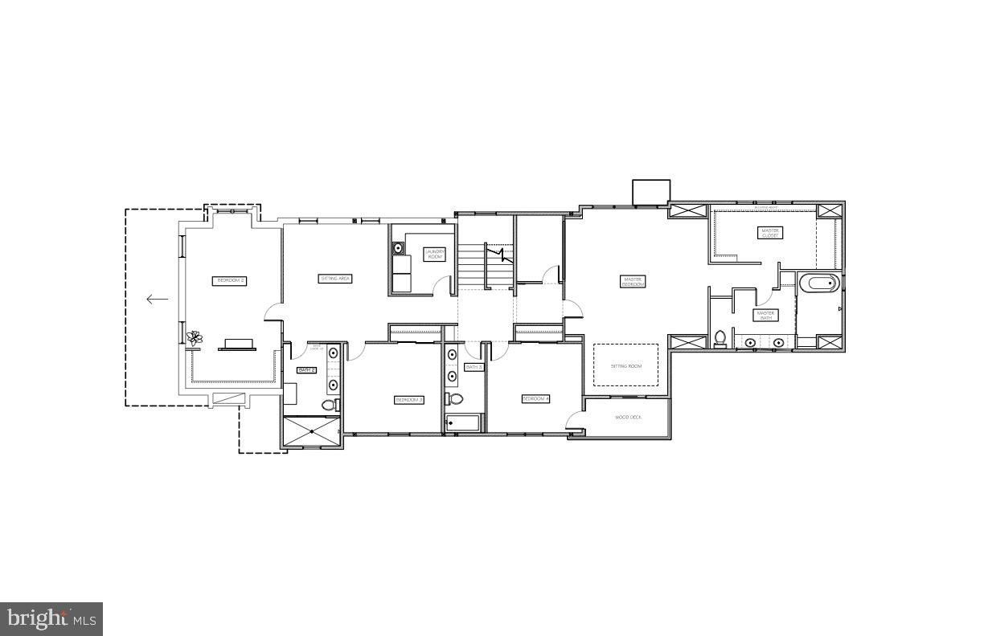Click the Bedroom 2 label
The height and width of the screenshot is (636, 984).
(x=230, y=281)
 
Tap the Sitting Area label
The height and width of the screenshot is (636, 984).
(x=336, y=279)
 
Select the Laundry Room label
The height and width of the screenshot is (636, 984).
(x=435, y=254)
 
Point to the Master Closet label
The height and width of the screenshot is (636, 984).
(x=769, y=233)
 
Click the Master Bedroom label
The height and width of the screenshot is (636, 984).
(x=633, y=282)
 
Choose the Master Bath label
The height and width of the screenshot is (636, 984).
(x=765, y=315)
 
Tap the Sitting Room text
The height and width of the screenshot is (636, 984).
(x=626, y=366)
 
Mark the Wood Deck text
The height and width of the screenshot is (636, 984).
(x=627, y=418)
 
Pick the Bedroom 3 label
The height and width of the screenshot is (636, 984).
(x=408, y=400)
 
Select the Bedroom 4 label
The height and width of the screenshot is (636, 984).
(x=535, y=399)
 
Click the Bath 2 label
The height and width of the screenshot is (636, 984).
(x=306, y=370)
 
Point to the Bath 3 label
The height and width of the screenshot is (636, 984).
(x=474, y=367)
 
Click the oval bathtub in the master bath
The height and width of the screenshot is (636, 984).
(x=820, y=283)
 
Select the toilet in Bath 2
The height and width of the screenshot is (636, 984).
(x=328, y=405)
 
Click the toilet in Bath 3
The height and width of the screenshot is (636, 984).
(x=456, y=398)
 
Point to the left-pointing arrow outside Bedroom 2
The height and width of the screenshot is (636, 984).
(x=157, y=300)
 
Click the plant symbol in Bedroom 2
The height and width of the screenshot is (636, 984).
(x=194, y=339)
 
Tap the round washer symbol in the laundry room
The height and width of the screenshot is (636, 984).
(x=398, y=249)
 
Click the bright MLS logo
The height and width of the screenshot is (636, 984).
(x=51, y=619)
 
